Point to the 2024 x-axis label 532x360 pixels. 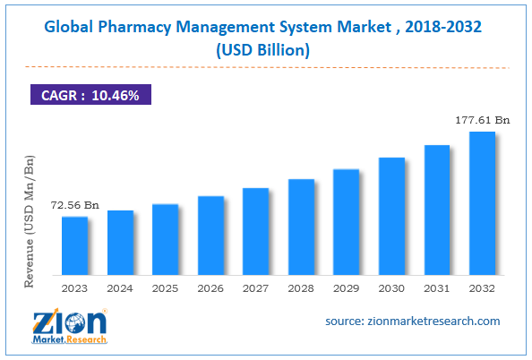click(120, 288)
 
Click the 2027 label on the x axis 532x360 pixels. click(255, 288)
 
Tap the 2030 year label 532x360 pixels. click(391, 288)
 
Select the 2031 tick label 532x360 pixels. click(436, 288)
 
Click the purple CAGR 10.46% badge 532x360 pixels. click(89, 95)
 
